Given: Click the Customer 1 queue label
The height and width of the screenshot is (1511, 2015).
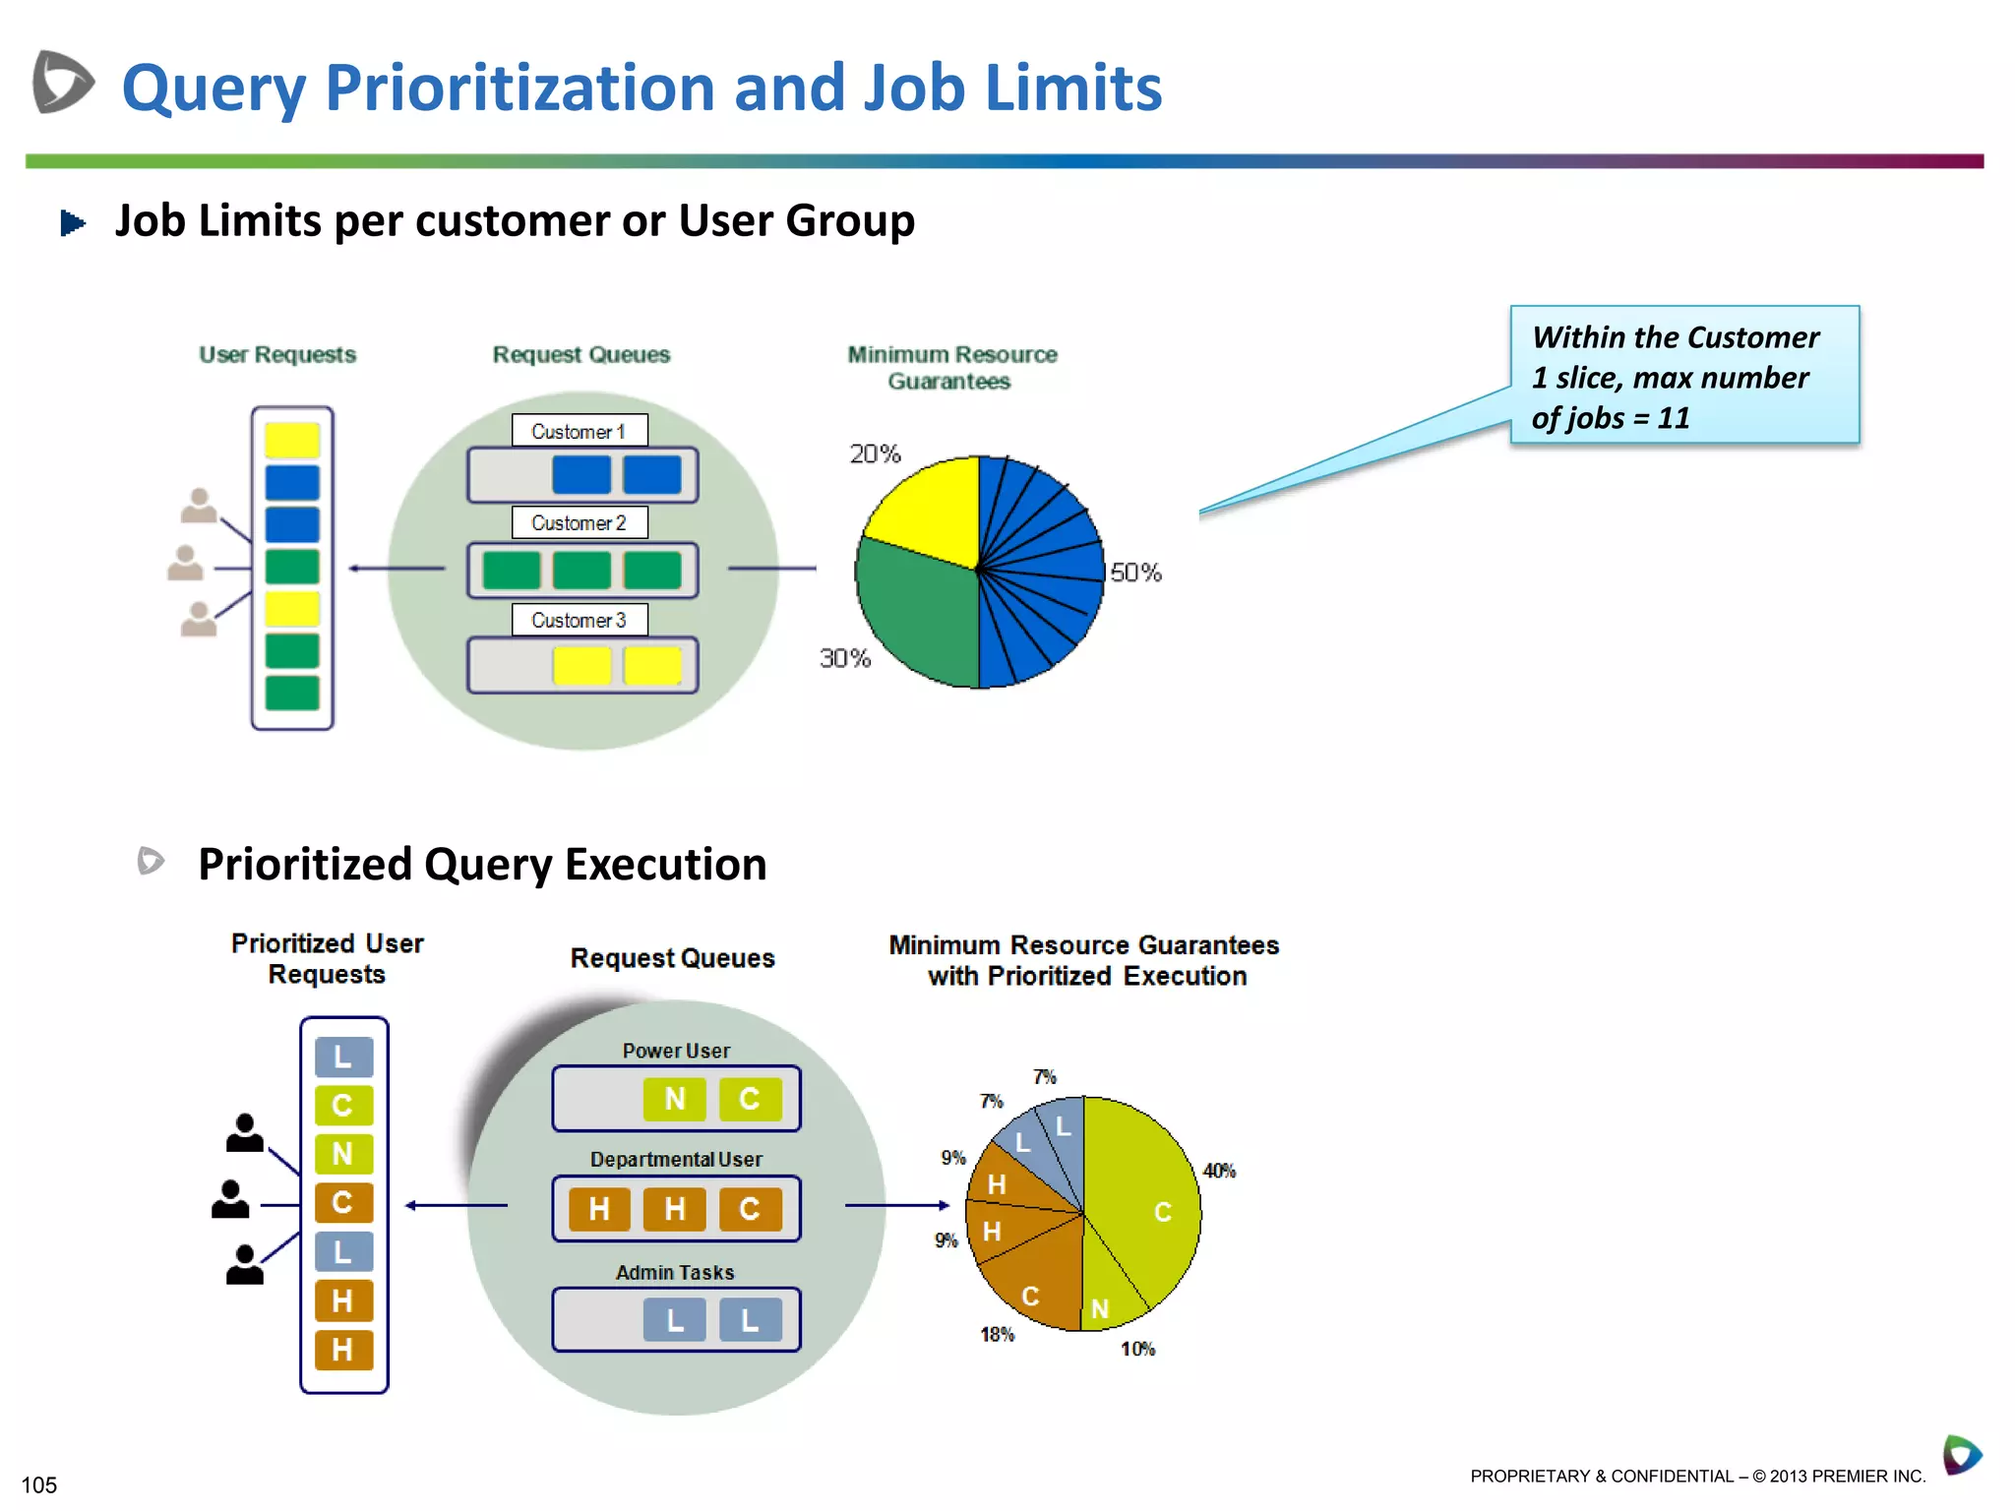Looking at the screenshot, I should coord(579,431).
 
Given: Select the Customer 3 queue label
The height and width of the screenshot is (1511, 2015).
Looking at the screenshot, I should coord(579,620).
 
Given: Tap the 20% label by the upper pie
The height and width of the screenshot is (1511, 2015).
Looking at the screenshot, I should coord(875,453).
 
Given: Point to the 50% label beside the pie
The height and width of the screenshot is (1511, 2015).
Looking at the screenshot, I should coord(1135,573).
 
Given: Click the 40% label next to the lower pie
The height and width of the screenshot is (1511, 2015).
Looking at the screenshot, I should coord(1219,1171).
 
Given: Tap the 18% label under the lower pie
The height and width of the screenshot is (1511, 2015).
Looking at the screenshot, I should coord(997,1334).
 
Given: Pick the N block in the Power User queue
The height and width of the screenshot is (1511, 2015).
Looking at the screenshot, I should coord(674,1099).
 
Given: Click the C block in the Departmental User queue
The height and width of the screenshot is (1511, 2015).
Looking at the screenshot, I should coord(749,1208).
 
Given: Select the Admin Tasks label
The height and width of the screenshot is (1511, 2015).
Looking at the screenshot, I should coord(675,1272).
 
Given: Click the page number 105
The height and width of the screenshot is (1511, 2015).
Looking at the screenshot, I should coord(39,1484).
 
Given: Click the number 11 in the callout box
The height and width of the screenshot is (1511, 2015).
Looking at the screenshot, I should coord(1673,418).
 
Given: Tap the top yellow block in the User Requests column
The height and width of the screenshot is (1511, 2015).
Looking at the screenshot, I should coord(292,440).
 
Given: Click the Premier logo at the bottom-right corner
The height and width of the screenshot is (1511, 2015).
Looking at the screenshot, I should coord(1961,1455).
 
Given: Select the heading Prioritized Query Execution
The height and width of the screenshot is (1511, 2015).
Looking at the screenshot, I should coord(482,864).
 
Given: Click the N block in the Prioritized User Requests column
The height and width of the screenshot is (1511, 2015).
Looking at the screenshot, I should coord(343,1153).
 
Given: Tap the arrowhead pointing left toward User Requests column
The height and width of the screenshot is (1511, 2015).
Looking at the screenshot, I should coord(355,568).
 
